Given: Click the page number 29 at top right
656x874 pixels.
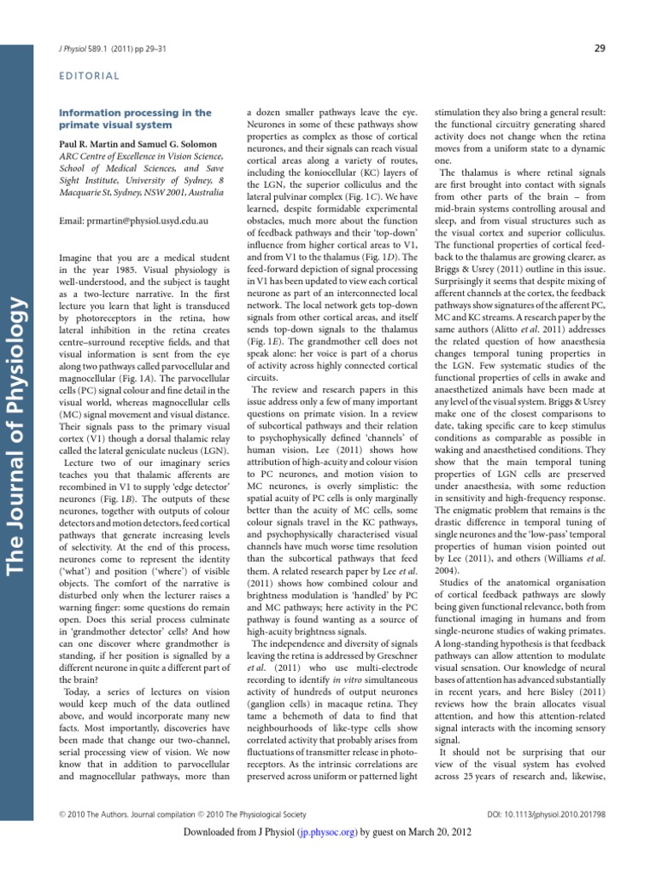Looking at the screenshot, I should click(x=599, y=48).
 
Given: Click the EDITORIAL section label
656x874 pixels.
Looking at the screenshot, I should click(x=88, y=76).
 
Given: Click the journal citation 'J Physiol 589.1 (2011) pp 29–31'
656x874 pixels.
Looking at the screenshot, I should click(x=118, y=49).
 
